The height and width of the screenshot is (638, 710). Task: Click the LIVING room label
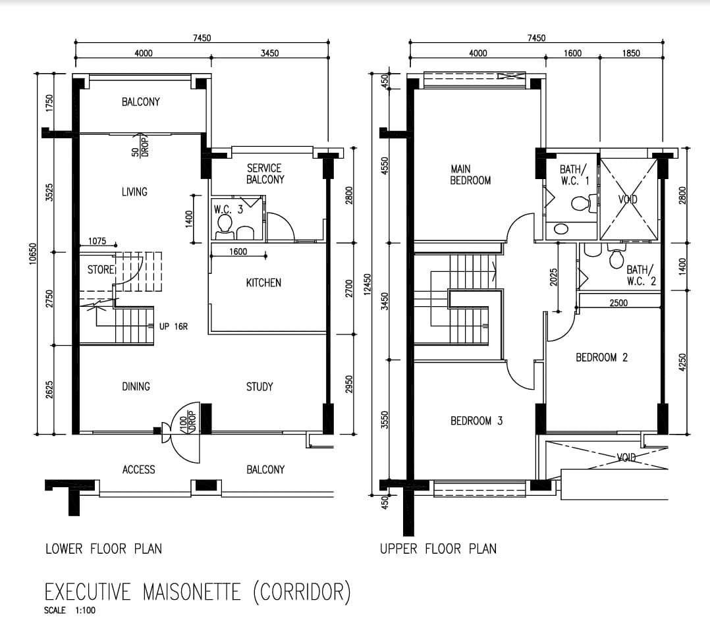coord(134,192)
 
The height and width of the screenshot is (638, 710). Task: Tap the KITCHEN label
coord(263,283)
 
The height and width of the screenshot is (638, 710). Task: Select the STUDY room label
coord(259,386)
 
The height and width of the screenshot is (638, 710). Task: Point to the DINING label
coord(136,386)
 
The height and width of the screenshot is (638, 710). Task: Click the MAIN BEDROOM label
coord(470,174)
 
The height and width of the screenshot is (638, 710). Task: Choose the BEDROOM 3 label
coord(476,421)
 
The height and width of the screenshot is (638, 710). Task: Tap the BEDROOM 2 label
coord(601,358)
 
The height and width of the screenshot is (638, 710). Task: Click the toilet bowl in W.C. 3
coord(225,225)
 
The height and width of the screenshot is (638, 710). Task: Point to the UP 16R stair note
coord(173,327)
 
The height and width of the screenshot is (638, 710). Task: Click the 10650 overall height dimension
coord(32,253)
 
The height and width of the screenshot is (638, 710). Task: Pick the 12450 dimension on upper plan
coord(368,284)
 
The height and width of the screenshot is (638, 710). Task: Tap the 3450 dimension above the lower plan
coord(269,53)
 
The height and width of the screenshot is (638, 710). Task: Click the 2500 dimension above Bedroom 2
coord(618,303)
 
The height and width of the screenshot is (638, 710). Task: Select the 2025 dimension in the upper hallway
coord(553,277)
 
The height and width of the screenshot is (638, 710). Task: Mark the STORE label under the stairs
coord(101,270)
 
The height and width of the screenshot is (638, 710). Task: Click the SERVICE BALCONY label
coord(265,174)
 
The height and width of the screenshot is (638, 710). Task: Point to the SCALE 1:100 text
coord(70,610)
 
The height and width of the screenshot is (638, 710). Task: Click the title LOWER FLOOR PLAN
coord(103,549)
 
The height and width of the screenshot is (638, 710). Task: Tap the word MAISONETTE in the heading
coord(192,592)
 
